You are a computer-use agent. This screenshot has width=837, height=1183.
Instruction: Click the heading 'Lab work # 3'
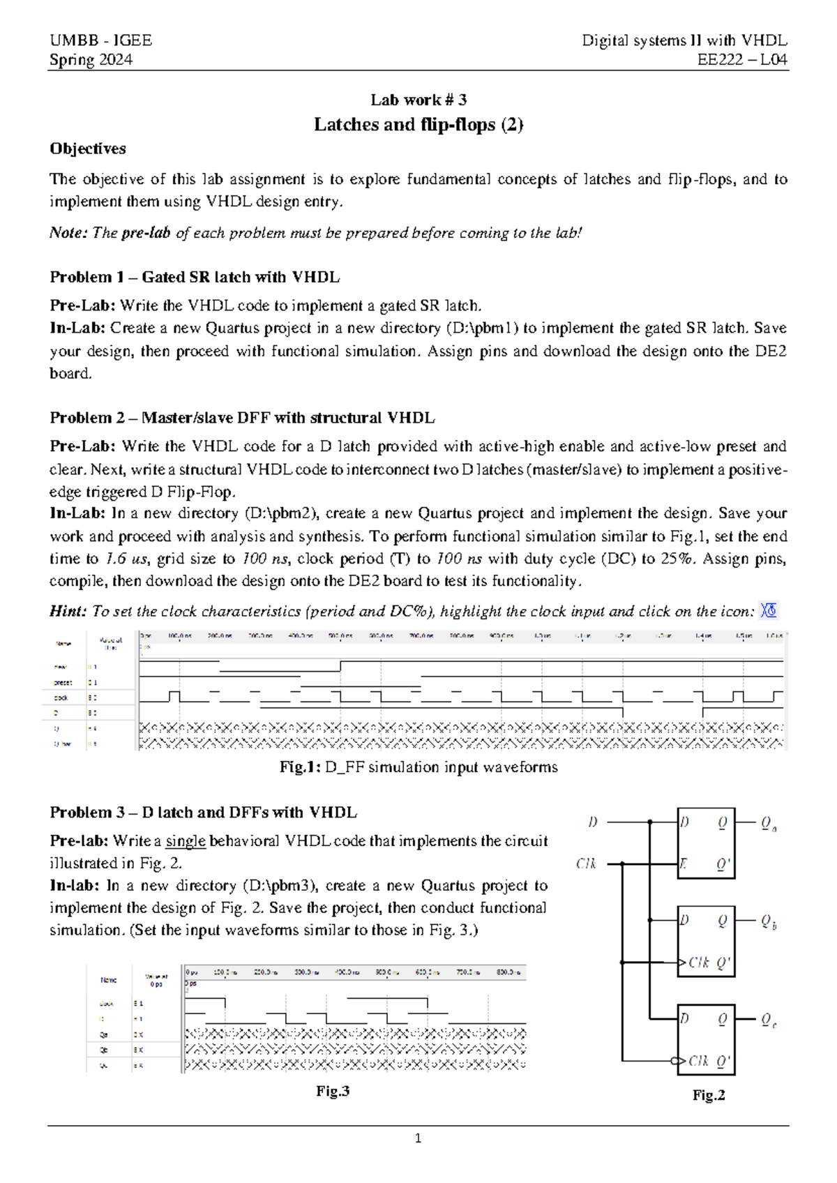(418, 100)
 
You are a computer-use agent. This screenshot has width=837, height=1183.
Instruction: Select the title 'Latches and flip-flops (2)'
(418, 125)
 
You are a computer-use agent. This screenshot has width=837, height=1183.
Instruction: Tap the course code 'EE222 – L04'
(742, 60)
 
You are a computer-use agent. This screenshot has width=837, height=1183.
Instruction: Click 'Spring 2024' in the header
(91, 60)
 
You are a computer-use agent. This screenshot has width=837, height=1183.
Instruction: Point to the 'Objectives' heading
(88, 149)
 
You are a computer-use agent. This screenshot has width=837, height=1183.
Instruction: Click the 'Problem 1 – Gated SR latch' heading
(195, 277)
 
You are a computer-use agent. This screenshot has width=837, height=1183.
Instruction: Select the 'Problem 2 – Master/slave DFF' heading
(242, 418)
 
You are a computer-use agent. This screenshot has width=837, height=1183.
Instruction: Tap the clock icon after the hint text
(769, 611)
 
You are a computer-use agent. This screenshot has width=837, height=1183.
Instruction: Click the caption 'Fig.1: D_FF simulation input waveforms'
(418, 767)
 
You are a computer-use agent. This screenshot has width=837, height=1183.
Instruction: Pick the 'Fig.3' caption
(333, 1092)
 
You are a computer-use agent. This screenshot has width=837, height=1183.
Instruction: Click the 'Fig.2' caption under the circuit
(709, 1095)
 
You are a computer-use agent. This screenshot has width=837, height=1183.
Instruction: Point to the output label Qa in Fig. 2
(769, 824)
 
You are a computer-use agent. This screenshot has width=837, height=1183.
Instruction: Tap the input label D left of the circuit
(593, 822)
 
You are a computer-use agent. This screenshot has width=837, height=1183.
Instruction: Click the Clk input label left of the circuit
(586, 864)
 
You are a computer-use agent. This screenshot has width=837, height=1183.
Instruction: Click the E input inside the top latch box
(684, 864)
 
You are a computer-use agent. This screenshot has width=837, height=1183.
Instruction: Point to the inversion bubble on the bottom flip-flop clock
(674, 1061)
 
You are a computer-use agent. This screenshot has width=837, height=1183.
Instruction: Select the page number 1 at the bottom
(418, 1139)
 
